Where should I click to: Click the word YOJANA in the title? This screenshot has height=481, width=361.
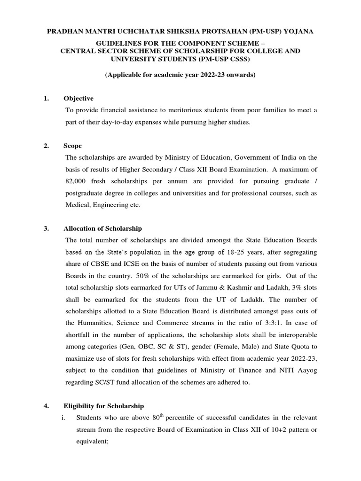point(298,31)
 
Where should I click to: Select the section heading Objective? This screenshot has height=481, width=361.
point(78,98)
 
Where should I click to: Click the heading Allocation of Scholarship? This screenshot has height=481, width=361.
point(102,229)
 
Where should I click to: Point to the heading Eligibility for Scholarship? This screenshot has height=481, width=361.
point(104,406)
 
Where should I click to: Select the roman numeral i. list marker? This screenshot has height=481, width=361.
point(63,418)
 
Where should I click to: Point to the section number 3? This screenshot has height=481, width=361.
point(46,229)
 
